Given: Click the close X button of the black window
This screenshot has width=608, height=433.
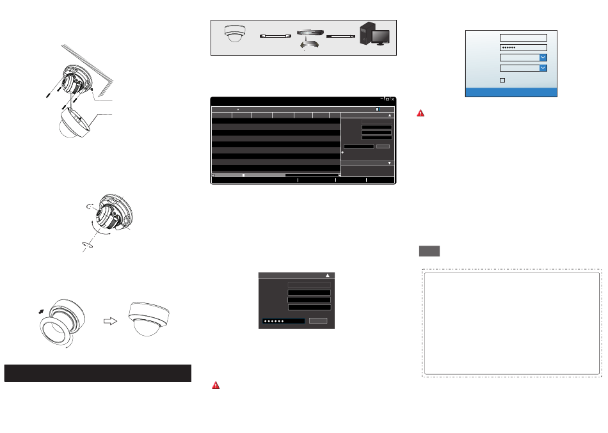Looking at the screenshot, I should tap(393, 100).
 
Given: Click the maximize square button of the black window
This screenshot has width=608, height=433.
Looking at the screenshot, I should tap(387, 100).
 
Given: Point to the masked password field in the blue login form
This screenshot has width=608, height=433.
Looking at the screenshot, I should tap(523, 47).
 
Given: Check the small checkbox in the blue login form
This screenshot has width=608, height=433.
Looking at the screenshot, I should tap(502, 80).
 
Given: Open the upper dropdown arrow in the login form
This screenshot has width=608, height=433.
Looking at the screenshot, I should tap(543, 57).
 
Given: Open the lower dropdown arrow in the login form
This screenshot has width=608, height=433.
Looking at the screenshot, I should tap(543, 67).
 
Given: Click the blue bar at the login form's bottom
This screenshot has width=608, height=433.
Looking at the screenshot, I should tap(511, 92).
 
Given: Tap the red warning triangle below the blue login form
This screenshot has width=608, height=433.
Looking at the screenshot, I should tap(420, 113).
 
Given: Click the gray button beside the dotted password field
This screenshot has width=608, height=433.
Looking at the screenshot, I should tap(318, 320).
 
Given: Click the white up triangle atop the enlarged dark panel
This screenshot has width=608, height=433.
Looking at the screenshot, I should tap(328, 274).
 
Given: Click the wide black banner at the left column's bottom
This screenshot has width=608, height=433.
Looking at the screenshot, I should tap(98, 373).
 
